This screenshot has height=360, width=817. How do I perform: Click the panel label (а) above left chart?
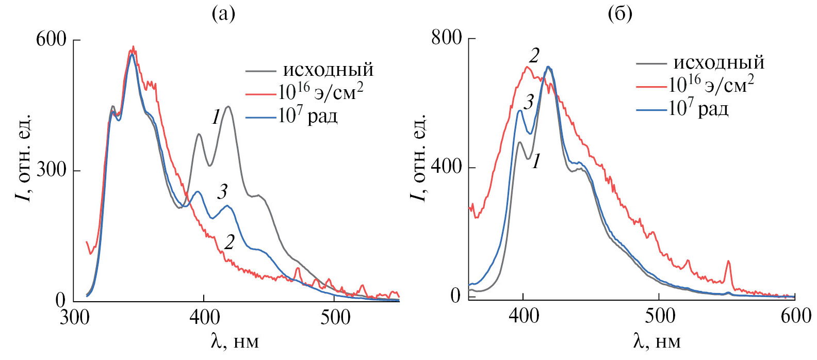click(223, 14)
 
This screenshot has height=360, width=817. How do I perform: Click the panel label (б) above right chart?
click(620, 14)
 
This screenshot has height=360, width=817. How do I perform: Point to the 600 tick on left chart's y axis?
click(51, 40)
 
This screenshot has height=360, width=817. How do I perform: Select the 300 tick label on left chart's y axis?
click(51, 170)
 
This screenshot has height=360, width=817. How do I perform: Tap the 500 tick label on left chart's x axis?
click(335, 317)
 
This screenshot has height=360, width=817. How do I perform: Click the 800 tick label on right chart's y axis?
click(447, 38)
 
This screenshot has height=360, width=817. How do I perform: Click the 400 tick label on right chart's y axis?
click(447, 167)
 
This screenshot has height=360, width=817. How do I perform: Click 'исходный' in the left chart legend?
click(328, 70)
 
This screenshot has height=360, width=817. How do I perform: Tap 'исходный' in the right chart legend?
click(718, 63)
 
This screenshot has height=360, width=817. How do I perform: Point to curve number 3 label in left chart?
click(222, 192)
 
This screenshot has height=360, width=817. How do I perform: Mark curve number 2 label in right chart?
click(534, 56)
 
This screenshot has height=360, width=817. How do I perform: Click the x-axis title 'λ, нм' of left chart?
click(235, 341)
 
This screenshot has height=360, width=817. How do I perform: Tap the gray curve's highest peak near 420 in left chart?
click(227, 107)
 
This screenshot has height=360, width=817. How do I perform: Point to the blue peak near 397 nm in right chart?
click(519, 110)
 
